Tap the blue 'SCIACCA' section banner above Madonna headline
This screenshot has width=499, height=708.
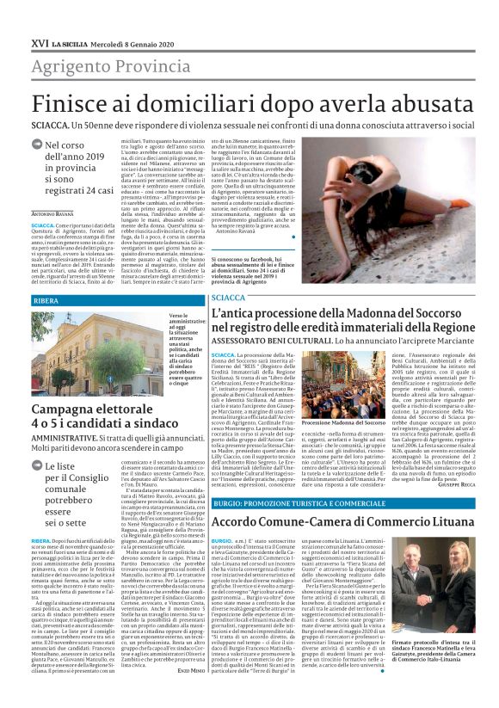point(229,297)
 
